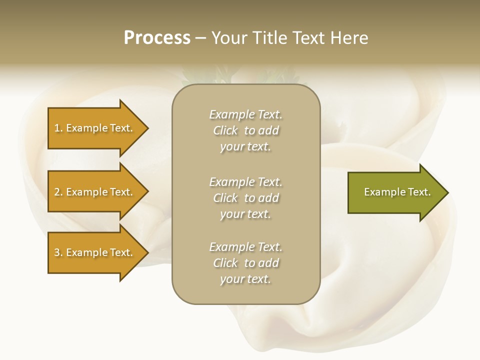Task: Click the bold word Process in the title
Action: [x=157, y=38]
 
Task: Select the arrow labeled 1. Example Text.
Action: [x=95, y=128]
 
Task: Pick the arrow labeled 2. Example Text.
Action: [x=95, y=192]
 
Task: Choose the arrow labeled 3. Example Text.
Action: [x=95, y=252]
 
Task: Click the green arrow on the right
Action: [x=395, y=192]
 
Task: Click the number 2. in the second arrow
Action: [x=58, y=192]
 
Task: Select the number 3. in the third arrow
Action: [x=58, y=252]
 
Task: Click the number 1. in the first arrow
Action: [x=58, y=128]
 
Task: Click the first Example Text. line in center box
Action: [x=245, y=114]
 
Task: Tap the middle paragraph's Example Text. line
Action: [x=245, y=181]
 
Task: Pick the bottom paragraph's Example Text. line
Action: [x=245, y=247]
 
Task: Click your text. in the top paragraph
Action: [x=245, y=147]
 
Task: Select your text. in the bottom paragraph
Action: [x=245, y=279]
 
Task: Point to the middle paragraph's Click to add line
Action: [x=245, y=198]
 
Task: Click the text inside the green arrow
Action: [x=397, y=192]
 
